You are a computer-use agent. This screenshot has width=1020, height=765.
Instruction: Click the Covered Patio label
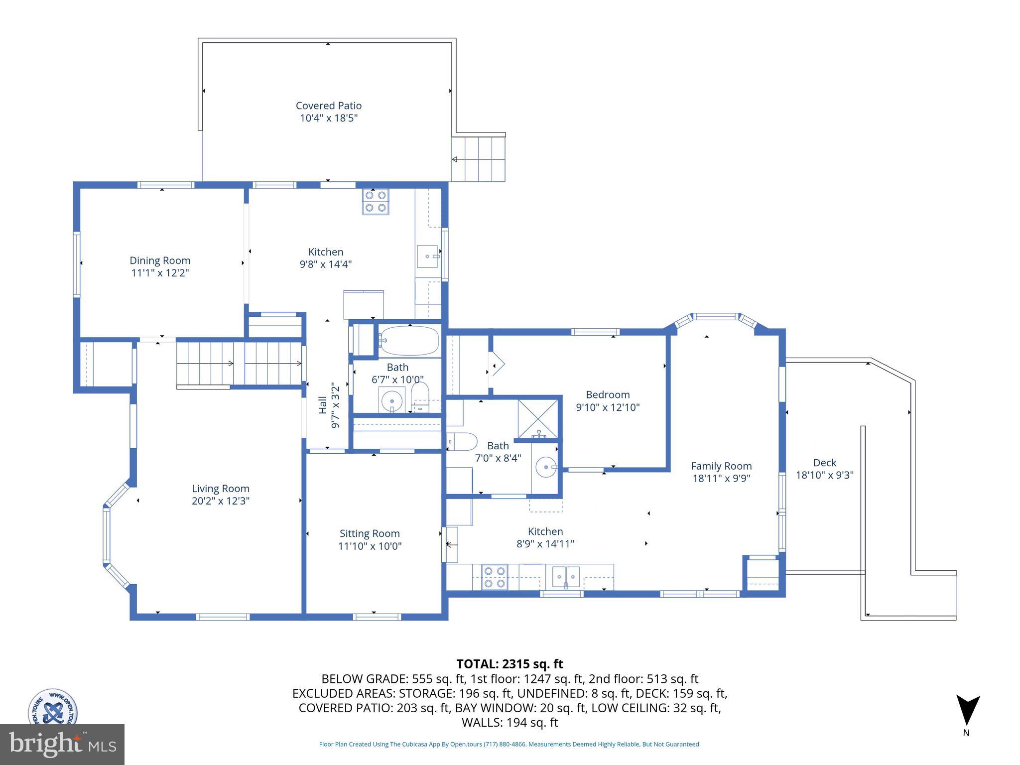coord(328,106)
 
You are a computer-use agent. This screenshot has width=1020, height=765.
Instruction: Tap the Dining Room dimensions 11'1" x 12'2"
coord(160,273)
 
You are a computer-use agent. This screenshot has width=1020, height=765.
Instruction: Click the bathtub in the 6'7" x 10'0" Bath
coord(409,341)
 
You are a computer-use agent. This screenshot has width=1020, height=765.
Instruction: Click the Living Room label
coord(220,489)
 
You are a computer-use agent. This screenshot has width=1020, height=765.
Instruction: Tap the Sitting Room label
coord(370,533)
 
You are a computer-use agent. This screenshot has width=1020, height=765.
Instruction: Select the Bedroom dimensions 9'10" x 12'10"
coord(608,407)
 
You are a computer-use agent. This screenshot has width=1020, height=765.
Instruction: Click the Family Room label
coord(721,466)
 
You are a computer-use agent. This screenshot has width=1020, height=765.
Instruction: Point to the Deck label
coord(824,463)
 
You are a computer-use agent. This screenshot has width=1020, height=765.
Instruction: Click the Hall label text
coord(323,404)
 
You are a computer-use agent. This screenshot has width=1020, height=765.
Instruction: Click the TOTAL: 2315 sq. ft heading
coord(510,664)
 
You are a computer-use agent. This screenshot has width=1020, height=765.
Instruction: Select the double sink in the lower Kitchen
coord(566,577)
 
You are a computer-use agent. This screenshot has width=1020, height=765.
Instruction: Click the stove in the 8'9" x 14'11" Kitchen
coord(495,577)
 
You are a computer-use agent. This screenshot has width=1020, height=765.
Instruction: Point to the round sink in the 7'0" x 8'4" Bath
coord(545,467)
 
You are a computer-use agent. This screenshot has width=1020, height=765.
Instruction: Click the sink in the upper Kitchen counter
coord(427,256)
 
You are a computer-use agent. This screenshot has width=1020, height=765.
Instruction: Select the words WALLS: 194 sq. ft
coord(510,722)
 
